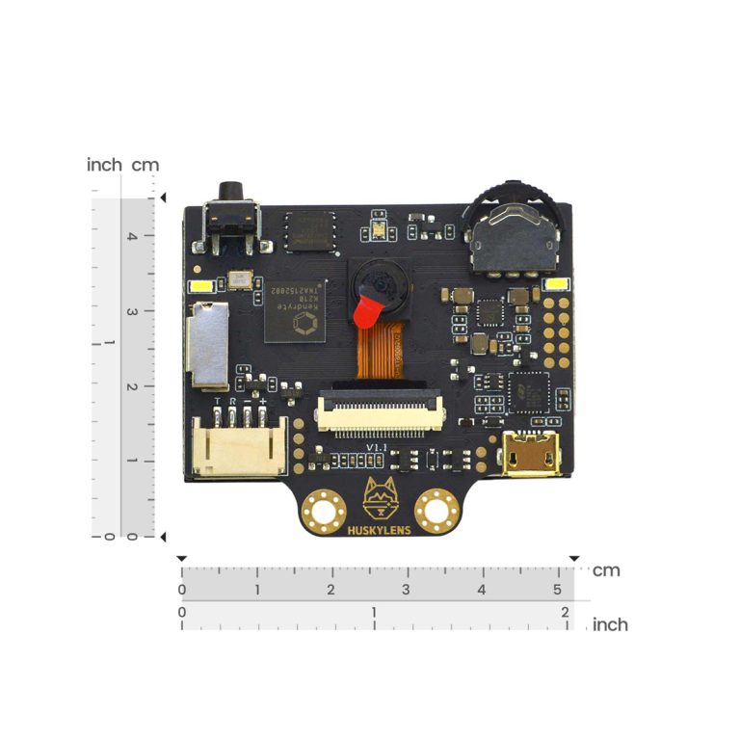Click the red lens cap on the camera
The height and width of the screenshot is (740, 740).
coord(368,310)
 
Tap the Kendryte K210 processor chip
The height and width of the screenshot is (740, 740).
coord(295,309)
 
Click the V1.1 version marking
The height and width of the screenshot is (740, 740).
coord(378,448)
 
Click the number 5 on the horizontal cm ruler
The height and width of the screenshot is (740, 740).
coord(556,590)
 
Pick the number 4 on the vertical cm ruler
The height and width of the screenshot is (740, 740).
coord(132,235)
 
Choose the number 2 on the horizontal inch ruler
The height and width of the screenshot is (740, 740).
coord(564,612)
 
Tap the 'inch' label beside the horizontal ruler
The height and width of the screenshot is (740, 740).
coord(610,624)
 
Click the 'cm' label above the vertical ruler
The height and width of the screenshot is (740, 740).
coord(145,165)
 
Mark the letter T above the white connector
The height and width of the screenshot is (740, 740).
coord(218,400)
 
